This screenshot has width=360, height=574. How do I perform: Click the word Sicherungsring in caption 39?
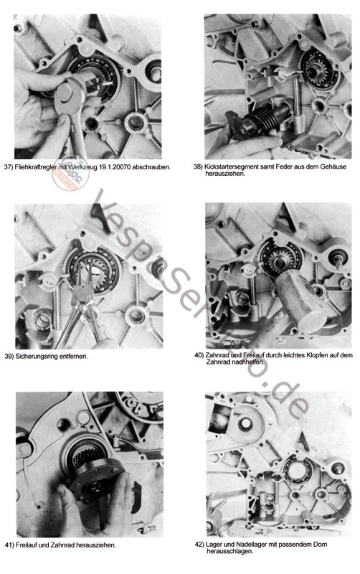pyautogui.click(x=35, y=356)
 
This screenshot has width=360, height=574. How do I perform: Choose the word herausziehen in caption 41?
pyautogui.click(x=97, y=545)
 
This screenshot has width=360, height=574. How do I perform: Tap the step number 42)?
pyautogui.click(x=199, y=545)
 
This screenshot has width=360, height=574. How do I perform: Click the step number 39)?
pyautogui.click(x=9, y=356)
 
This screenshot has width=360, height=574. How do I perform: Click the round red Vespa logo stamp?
pyautogui.click(x=70, y=173)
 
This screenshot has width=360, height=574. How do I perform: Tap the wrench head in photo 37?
pyautogui.click(x=70, y=96)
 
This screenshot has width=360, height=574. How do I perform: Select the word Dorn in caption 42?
pyautogui.click(x=320, y=545)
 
